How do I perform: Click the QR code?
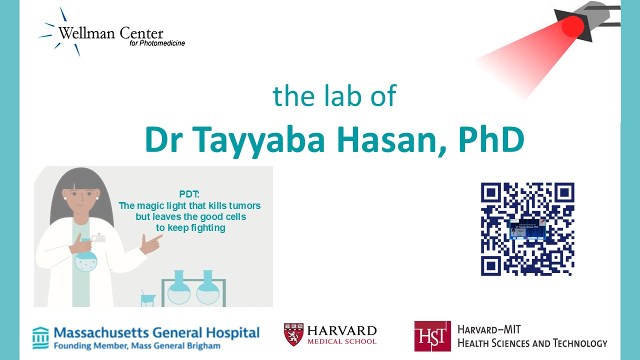click(x=527, y=229)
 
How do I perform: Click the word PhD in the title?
click(x=491, y=139)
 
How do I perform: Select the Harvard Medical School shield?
click(x=293, y=334)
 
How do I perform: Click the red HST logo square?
click(x=432, y=336)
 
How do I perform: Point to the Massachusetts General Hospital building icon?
click(x=40, y=338)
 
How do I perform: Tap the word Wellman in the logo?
click(x=87, y=33)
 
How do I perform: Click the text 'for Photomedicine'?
click(x=157, y=43)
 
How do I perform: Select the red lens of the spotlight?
click(x=572, y=26)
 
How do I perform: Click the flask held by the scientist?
click(x=85, y=255)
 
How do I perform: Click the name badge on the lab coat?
click(x=98, y=237)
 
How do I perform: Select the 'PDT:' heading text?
click(x=189, y=194)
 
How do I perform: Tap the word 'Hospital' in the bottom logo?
click(x=233, y=333)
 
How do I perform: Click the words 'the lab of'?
click(x=334, y=95)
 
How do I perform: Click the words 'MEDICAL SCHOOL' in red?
click(x=342, y=341)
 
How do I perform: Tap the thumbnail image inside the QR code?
click(x=527, y=229)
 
